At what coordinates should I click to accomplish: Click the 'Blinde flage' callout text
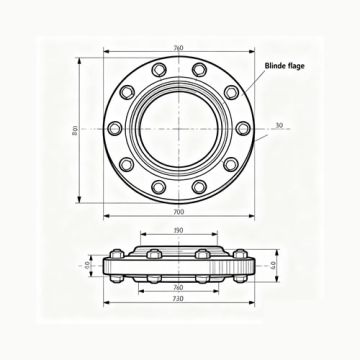click(x=285, y=66)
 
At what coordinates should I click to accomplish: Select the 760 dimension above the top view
click(x=178, y=47)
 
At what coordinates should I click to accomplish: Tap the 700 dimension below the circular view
click(x=178, y=213)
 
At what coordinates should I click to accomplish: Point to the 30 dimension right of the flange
click(x=278, y=125)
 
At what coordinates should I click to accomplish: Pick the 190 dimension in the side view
click(x=177, y=231)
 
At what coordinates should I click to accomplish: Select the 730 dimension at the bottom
click(x=177, y=299)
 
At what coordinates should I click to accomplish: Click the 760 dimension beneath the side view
click(x=177, y=287)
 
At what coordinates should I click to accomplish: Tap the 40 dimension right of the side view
click(x=273, y=266)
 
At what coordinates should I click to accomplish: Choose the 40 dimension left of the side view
click(x=87, y=266)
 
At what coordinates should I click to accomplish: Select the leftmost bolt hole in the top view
click(x=115, y=128)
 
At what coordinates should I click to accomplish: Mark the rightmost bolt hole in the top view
click(x=242, y=128)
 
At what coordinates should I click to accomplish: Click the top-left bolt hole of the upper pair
click(x=158, y=69)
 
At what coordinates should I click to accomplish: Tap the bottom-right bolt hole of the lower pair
click(x=199, y=187)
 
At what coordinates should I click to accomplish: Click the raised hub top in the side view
click(x=177, y=247)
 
